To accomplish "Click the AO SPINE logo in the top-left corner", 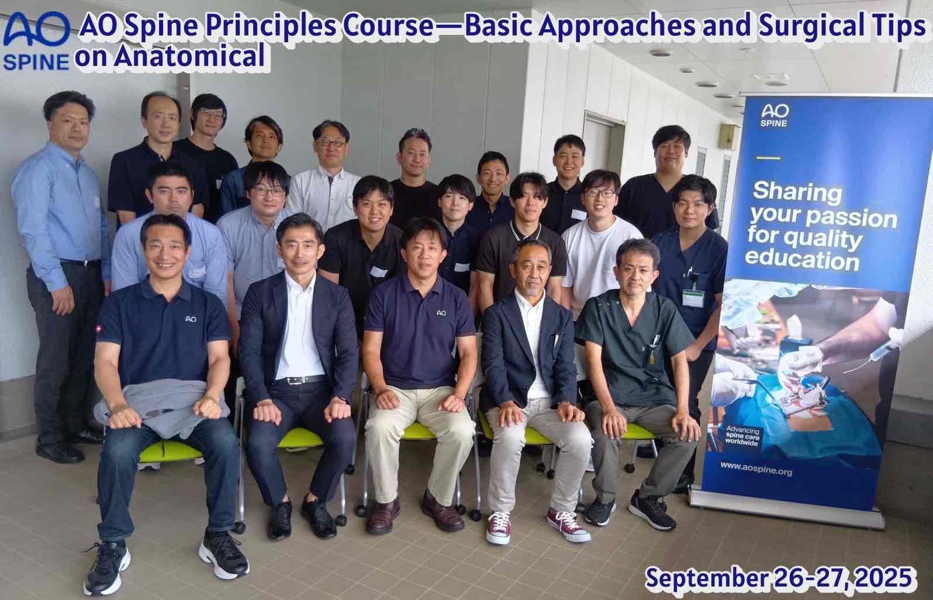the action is point(36,41).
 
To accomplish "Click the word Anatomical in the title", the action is point(190,56).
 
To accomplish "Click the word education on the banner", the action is point(802,260).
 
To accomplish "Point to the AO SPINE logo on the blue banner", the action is point(775,115).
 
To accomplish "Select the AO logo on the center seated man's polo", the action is point(441,312).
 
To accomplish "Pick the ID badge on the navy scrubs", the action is point(693,298).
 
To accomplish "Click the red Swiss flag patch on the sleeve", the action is point(99,329).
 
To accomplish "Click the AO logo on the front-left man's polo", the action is point(191,319).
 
